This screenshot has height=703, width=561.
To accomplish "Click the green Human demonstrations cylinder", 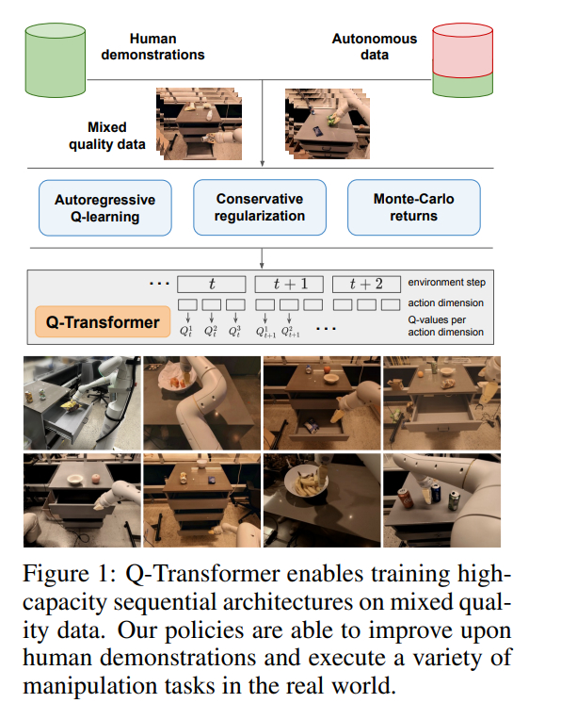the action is click(56, 60).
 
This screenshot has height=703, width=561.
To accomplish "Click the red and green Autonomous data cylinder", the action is click(462, 60).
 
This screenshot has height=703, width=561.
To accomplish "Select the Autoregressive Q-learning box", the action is click(105, 208).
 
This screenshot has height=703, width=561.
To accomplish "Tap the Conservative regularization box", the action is click(260, 207).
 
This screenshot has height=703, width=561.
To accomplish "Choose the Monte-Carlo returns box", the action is click(414, 207).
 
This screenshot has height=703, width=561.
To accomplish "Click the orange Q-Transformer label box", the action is click(103, 322).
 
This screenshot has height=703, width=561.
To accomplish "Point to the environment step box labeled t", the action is click(212, 285).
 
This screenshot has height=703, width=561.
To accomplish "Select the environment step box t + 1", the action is click(289, 285).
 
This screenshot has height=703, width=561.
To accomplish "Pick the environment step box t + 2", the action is click(366, 285).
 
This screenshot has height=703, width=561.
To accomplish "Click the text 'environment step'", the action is click(446, 283).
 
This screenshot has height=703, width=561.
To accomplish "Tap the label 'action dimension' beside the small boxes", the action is click(445, 303).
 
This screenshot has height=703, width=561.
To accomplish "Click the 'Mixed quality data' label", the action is click(107, 136).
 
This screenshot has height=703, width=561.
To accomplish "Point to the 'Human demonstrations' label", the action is click(152, 46).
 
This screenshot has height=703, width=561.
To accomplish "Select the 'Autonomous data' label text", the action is click(375, 46).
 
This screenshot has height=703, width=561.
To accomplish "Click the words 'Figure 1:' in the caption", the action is click(70, 574).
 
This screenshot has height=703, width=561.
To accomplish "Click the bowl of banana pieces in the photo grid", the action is click(307, 481).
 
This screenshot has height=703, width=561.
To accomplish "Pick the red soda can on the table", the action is click(406, 498).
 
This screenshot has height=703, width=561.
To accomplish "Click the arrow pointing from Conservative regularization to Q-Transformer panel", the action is click(262, 258).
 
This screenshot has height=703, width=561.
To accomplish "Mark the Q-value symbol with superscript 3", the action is click(234, 332).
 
